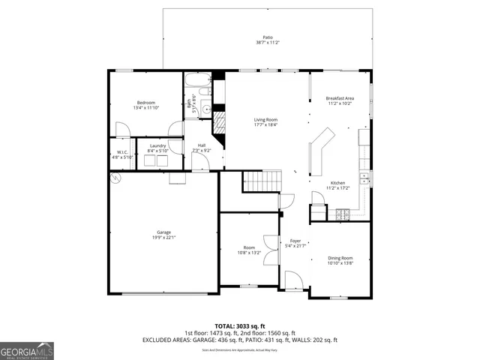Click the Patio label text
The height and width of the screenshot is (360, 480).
coord(267,37)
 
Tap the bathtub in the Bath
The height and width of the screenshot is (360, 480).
coord(199,80)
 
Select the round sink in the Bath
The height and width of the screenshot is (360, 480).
coord(207,108)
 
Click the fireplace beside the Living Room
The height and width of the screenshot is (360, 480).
coord(220,124)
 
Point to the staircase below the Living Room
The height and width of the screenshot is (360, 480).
coord(262,181)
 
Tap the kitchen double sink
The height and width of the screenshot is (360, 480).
coord(363,178)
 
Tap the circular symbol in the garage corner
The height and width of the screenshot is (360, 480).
coord(115,178)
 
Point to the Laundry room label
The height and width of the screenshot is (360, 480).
coord(157,145)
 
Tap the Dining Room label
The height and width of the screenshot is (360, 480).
coord(340,258)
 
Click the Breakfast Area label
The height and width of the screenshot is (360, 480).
coord(340,99)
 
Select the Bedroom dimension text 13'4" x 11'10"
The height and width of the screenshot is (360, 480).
coord(145,107)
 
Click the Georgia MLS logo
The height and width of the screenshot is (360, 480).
coord(27,350)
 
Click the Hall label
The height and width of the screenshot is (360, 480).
coord(202,145)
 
